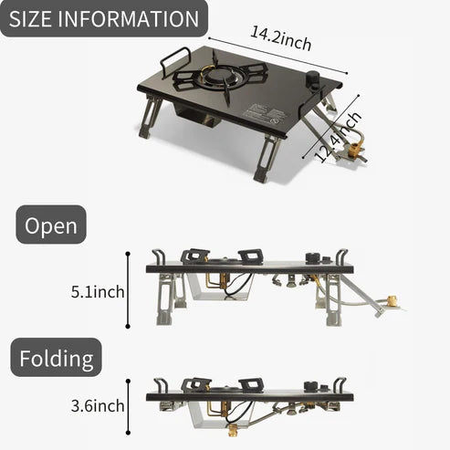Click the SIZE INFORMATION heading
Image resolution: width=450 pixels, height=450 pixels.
(x=104, y=18)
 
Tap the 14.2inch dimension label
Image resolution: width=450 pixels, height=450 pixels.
(x=281, y=38)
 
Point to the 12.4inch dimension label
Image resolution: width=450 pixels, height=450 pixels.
(x=338, y=137)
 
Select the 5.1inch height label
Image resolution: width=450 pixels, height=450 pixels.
(x=98, y=292)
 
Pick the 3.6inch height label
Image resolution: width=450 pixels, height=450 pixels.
(x=98, y=406)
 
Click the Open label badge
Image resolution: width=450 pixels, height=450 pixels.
(x=51, y=225)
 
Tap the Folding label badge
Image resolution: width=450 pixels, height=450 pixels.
(x=57, y=358)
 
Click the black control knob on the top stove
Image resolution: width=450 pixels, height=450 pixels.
(x=312, y=80)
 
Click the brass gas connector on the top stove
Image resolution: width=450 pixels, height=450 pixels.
(x=354, y=150)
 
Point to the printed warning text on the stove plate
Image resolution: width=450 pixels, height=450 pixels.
(x=265, y=114)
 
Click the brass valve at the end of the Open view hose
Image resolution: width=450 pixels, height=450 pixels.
(x=392, y=301)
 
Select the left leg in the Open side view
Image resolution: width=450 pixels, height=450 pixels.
(x=167, y=299)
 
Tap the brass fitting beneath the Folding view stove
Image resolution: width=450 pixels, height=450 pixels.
(x=234, y=431)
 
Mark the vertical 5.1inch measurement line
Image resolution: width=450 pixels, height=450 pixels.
(x=128, y=290)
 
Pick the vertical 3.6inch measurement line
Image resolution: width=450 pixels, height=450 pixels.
(x=128, y=407)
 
